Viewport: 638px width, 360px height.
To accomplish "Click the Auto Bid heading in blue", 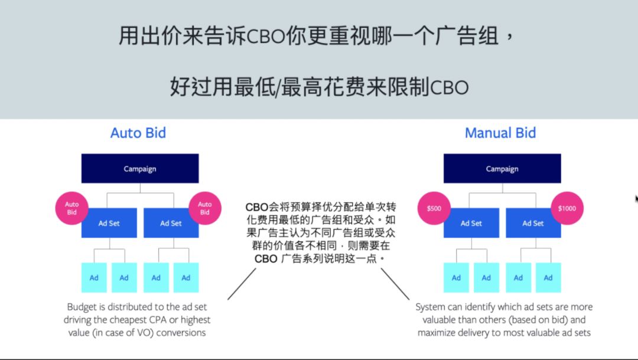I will point(138,132).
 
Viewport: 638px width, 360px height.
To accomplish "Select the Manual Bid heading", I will point(500,132).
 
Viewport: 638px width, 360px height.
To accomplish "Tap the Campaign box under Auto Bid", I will point(140,169).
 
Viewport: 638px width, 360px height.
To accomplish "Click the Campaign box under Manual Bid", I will point(502,169).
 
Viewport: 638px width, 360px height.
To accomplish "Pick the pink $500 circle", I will point(434,208).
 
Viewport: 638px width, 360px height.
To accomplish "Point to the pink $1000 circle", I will point(567,208).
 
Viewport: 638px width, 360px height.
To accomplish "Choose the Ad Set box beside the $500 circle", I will point(471,223).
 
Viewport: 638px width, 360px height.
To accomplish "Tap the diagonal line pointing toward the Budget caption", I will point(242,284).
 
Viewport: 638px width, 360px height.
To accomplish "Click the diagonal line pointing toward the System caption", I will point(395,284).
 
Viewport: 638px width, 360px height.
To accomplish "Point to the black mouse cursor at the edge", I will point(636,199).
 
